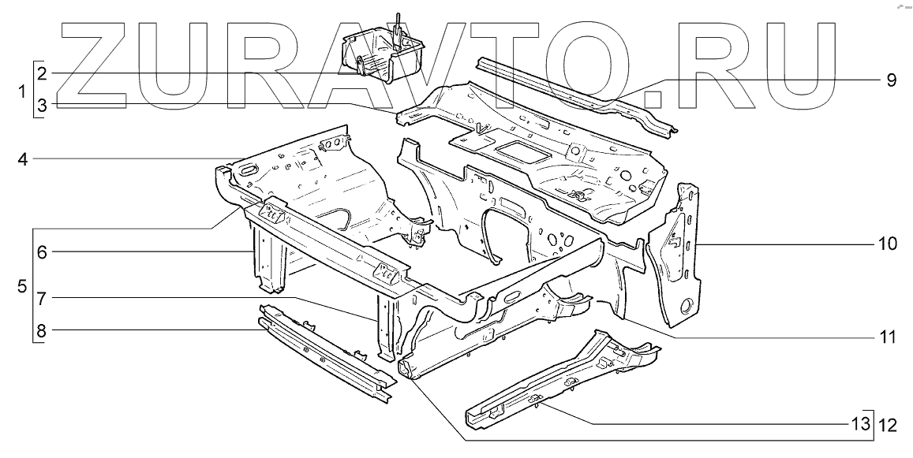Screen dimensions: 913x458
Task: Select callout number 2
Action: (42, 73)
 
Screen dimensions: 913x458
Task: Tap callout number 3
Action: (42, 104)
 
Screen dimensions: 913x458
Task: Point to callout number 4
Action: (24, 159)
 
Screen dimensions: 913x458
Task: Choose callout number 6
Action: (42, 252)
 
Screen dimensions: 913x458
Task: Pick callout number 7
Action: (42, 300)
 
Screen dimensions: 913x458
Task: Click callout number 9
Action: (890, 80)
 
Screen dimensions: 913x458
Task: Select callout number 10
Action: (887, 244)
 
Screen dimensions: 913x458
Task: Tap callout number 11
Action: (887, 338)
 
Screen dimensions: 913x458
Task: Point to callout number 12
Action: (888, 426)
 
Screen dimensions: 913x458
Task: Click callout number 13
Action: (859, 426)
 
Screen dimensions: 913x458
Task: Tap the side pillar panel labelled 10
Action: (675, 252)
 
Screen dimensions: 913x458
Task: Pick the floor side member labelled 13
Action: (552, 378)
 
